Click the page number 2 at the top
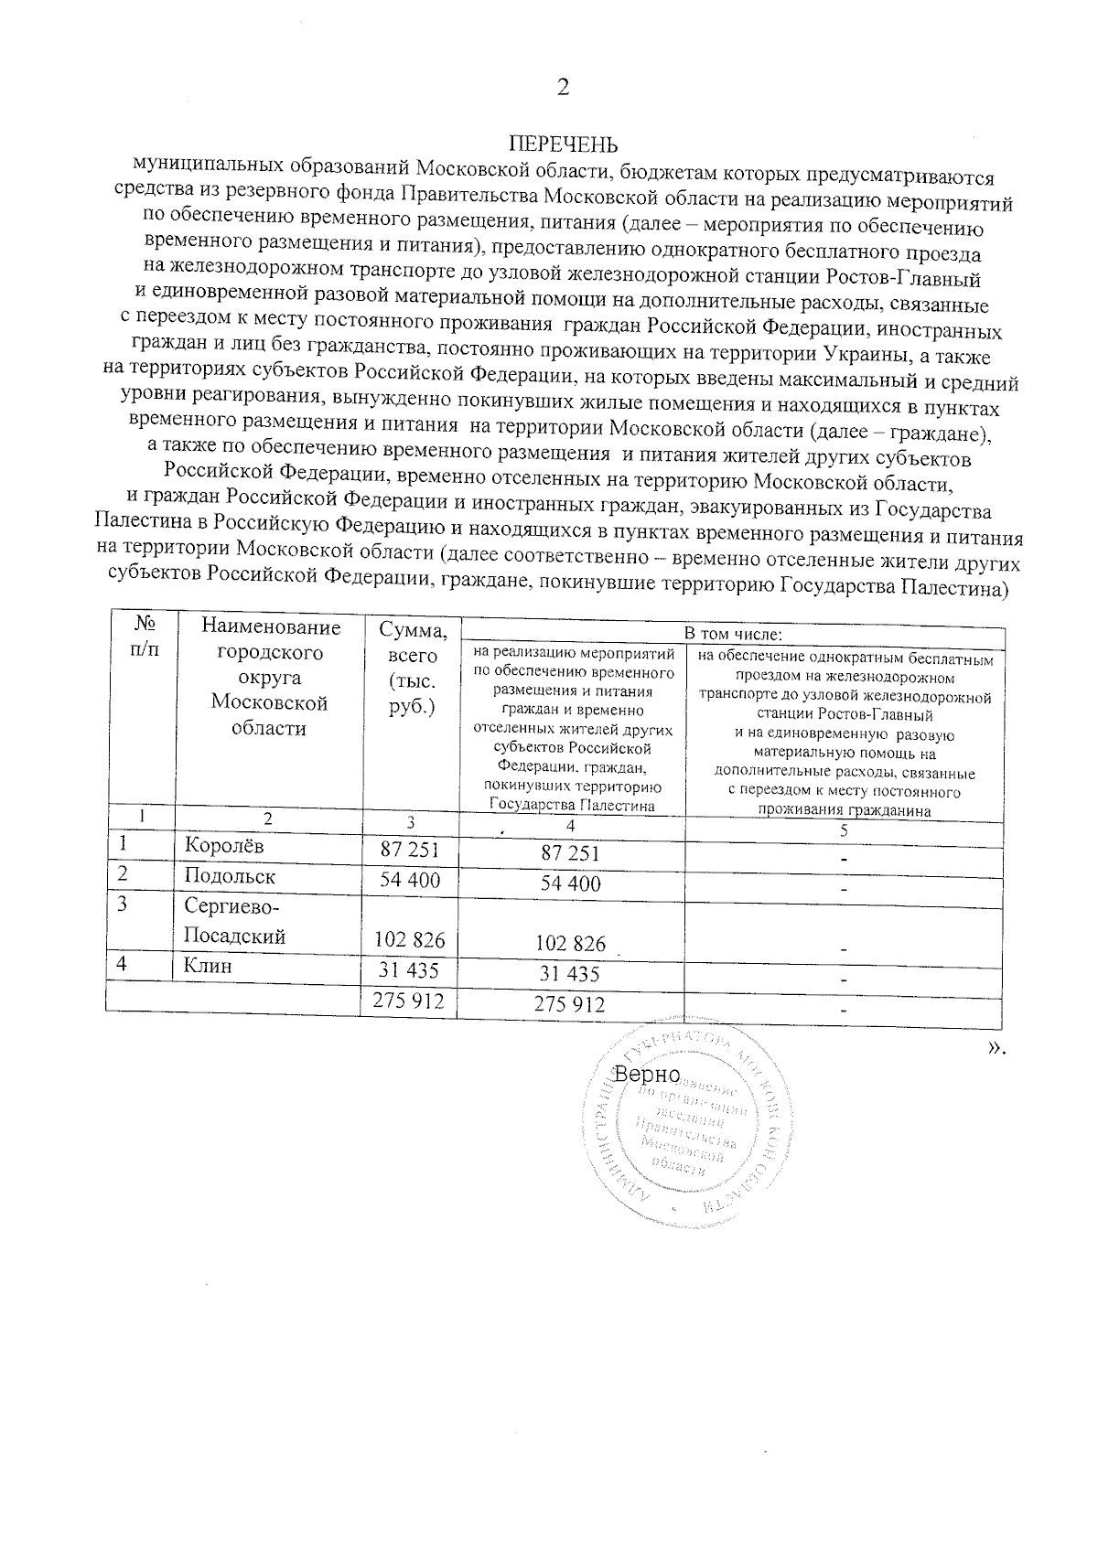(x=563, y=88)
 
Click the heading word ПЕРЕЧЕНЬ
(x=563, y=145)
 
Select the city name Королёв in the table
(x=224, y=846)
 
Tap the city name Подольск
(x=230, y=876)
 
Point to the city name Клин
(x=208, y=966)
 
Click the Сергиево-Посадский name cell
(x=235, y=921)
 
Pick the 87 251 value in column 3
(x=410, y=850)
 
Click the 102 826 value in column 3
(x=410, y=940)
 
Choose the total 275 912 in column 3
(x=410, y=1001)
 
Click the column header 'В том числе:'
(x=734, y=634)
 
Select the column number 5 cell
(x=844, y=830)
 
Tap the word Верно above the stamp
(x=648, y=1073)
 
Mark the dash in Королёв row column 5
(x=844, y=860)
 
